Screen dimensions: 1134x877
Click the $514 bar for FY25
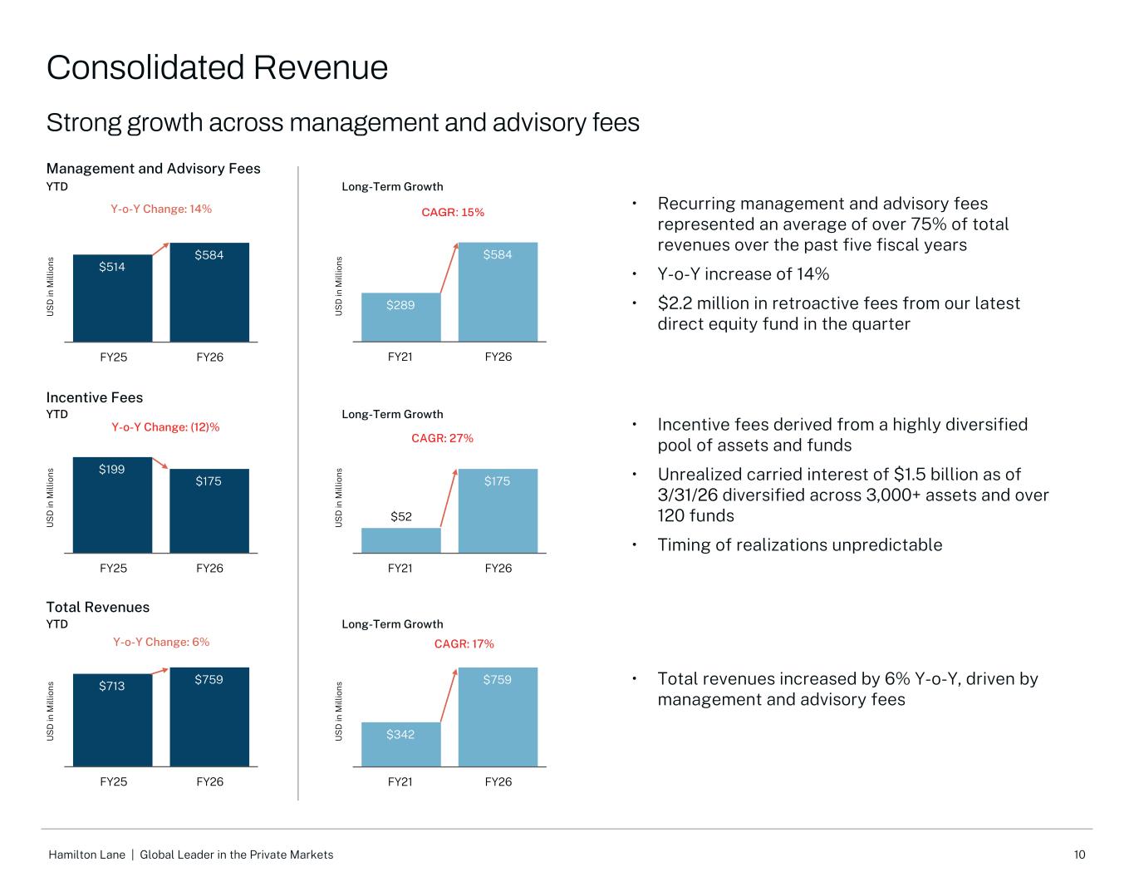112,298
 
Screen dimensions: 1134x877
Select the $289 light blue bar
400,318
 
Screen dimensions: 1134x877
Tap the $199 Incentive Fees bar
112,505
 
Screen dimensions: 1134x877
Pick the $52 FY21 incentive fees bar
400,540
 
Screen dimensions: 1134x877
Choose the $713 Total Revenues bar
112,721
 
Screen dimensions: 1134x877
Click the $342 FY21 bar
400,744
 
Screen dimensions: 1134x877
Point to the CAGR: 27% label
442,438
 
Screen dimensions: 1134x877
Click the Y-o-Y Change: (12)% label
165,427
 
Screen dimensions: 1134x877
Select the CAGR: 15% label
453,212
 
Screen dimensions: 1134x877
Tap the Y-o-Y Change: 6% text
161,642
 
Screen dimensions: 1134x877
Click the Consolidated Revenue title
217,67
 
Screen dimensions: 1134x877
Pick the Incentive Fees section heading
95,397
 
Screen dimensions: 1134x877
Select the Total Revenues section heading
98,607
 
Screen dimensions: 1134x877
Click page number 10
1079,855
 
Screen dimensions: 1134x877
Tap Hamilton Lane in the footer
86,855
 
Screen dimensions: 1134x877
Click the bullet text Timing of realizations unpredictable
800,544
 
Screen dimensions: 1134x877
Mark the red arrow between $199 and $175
160,463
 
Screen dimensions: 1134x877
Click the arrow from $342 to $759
449,695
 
